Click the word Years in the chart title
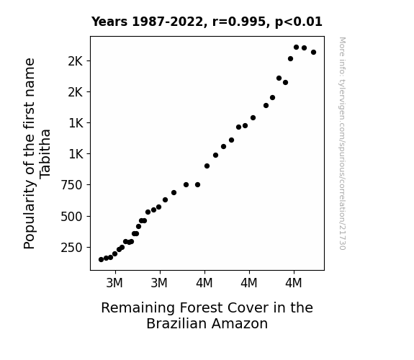109,22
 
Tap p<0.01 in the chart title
299,22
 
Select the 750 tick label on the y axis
71,185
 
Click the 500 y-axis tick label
71,217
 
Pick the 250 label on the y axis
71,248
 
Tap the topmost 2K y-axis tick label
76,61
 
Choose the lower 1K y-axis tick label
76,153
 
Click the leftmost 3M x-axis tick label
114,283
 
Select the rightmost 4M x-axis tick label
293,283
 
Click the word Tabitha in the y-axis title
45,154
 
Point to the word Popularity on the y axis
29,215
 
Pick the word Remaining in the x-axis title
138,307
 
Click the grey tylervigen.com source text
342,143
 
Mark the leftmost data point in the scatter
101,260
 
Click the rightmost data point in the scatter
314,53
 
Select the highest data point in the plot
296,48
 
